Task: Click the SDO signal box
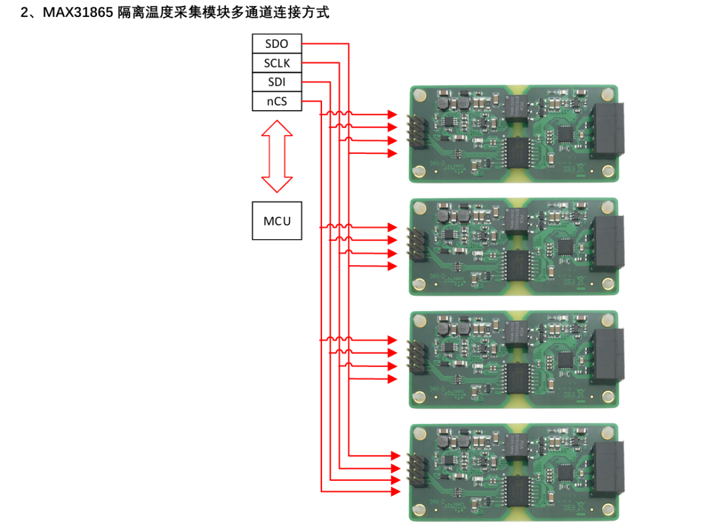tap(277, 45)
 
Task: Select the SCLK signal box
tap(277, 64)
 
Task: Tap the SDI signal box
tap(277, 83)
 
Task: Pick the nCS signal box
tap(277, 102)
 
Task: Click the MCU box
tap(277, 221)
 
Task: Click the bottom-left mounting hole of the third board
tap(418, 396)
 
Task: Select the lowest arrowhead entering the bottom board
tap(395, 490)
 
